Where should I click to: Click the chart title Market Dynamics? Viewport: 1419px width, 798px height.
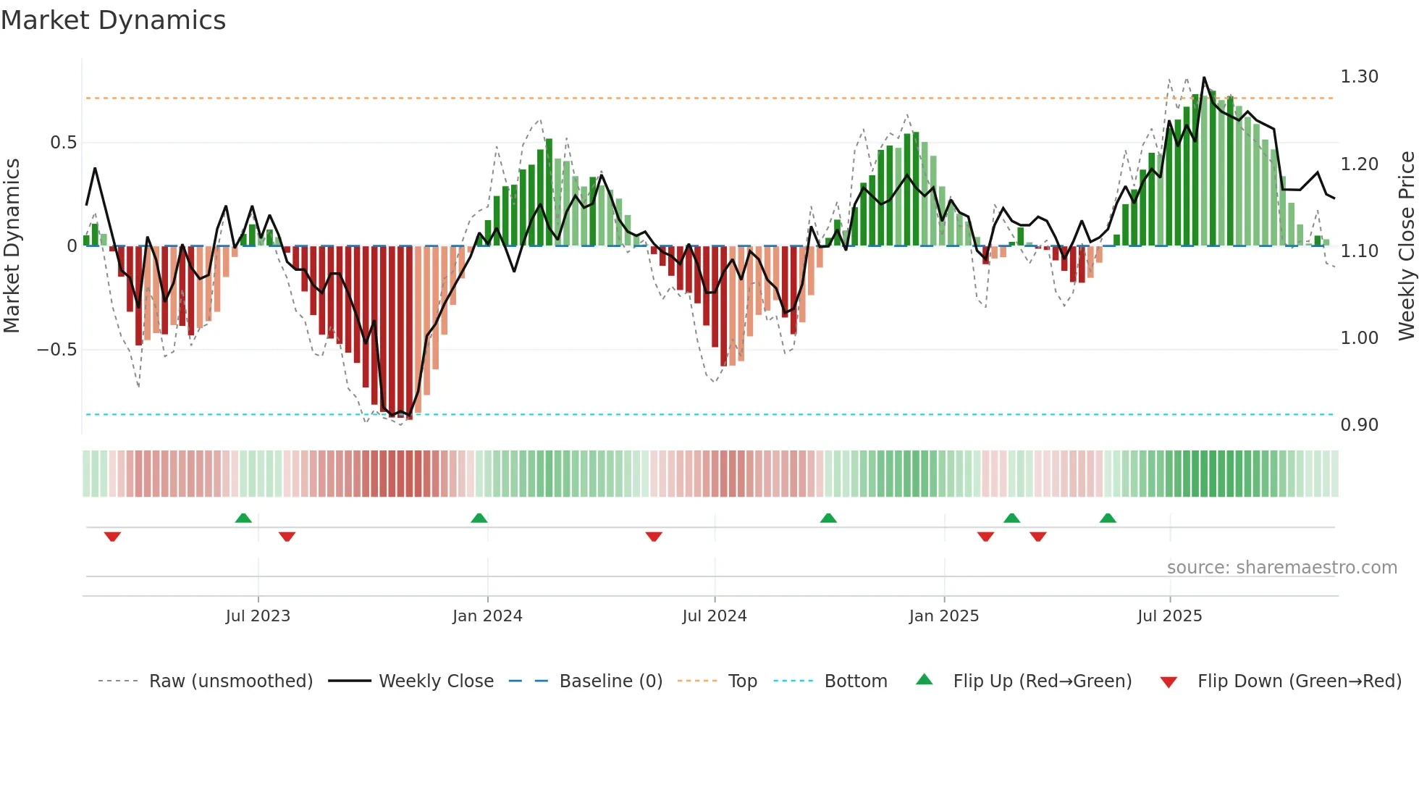coord(113,20)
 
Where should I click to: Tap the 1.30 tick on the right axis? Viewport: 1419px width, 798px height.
coord(1359,77)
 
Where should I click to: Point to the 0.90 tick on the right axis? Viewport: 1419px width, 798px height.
coord(1359,425)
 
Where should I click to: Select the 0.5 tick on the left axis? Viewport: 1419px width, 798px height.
coord(63,143)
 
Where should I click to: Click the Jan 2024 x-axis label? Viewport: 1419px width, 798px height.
coord(487,616)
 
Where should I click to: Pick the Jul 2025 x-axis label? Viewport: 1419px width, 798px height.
coord(1169,616)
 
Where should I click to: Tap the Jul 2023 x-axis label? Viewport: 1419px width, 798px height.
coord(258,616)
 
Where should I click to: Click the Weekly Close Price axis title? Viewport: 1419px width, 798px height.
coord(1406,246)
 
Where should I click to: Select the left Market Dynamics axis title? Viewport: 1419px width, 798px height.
coord(12,246)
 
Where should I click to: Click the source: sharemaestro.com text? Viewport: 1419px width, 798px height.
coord(1281,568)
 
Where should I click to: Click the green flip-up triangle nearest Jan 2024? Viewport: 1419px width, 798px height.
coord(479,518)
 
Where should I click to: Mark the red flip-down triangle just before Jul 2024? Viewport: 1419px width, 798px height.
coord(654,537)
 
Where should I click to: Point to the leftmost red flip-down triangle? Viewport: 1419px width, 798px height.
coord(112,537)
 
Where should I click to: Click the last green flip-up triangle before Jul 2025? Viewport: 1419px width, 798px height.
coord(1108,518)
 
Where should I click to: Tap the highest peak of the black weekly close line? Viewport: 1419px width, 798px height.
coord(1204,77)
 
